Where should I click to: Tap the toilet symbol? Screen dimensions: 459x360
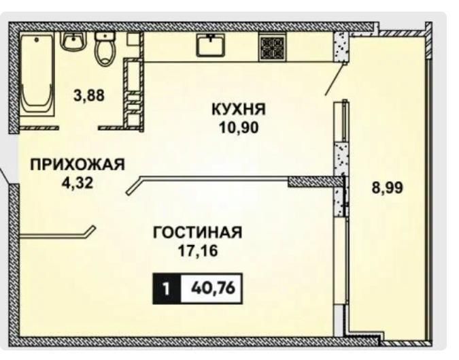(x=105, y=49)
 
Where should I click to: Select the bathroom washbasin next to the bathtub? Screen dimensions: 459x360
(x=73, y=40)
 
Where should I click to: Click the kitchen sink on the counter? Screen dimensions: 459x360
(x=211, y=44)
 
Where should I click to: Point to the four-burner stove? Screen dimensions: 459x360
(x=272, y=47)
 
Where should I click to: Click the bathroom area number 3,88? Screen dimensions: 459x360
(x=89, y=95)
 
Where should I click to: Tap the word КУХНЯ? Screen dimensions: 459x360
(x=239, y=110)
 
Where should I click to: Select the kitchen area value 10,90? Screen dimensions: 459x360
(x=239, y=127)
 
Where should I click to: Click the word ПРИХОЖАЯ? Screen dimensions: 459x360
(x=78, y=164)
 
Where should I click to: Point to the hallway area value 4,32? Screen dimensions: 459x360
(x=78, y=183)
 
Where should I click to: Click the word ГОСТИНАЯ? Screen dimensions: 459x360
(x=198, y=233)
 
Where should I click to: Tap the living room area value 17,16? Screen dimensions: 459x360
(x=198, y=250)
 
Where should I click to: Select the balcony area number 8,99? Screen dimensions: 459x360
(x=388, y=188)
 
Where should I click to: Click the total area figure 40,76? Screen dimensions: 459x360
(x=213, y=288)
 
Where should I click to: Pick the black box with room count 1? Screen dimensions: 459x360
(x=167, y=289)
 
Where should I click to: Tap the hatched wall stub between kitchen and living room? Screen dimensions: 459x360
(x=316, y=182)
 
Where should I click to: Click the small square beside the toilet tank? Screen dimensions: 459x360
(x=133, y=39)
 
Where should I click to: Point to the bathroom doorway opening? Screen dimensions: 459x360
(x=78, y=128)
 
